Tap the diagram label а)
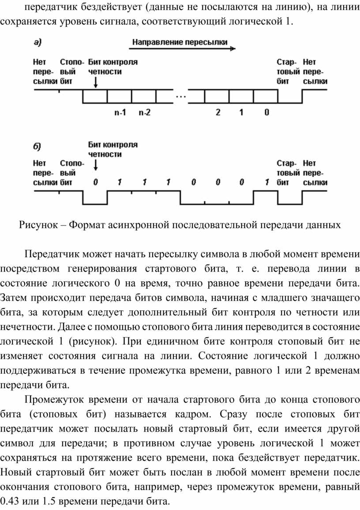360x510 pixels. (38, 43)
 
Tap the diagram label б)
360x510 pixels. (38, 146)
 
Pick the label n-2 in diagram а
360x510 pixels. (144, 112)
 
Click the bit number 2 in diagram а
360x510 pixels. (217, 112)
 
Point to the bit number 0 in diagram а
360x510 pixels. (266, 112)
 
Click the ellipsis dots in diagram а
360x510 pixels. (181, 96)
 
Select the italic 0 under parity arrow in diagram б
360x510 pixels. (94, 182)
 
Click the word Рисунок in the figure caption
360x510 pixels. (37, 225)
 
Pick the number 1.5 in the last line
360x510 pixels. (50, 502)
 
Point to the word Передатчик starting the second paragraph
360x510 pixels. (49, 255)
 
